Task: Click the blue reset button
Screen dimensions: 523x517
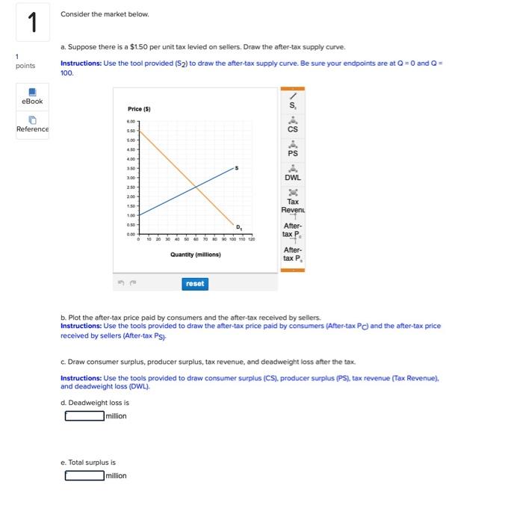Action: [194, 284]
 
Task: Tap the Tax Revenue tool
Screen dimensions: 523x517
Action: [293, 200]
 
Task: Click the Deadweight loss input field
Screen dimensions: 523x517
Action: [83, 416]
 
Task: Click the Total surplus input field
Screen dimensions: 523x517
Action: [83, 475]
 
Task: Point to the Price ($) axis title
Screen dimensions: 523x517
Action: [139, 110]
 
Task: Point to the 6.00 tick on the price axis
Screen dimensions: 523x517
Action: [131, 123]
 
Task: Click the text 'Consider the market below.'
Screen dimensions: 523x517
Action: [105, 14]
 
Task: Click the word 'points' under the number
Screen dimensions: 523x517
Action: [25, 66]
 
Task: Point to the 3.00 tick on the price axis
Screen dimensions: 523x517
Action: [131, 178]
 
